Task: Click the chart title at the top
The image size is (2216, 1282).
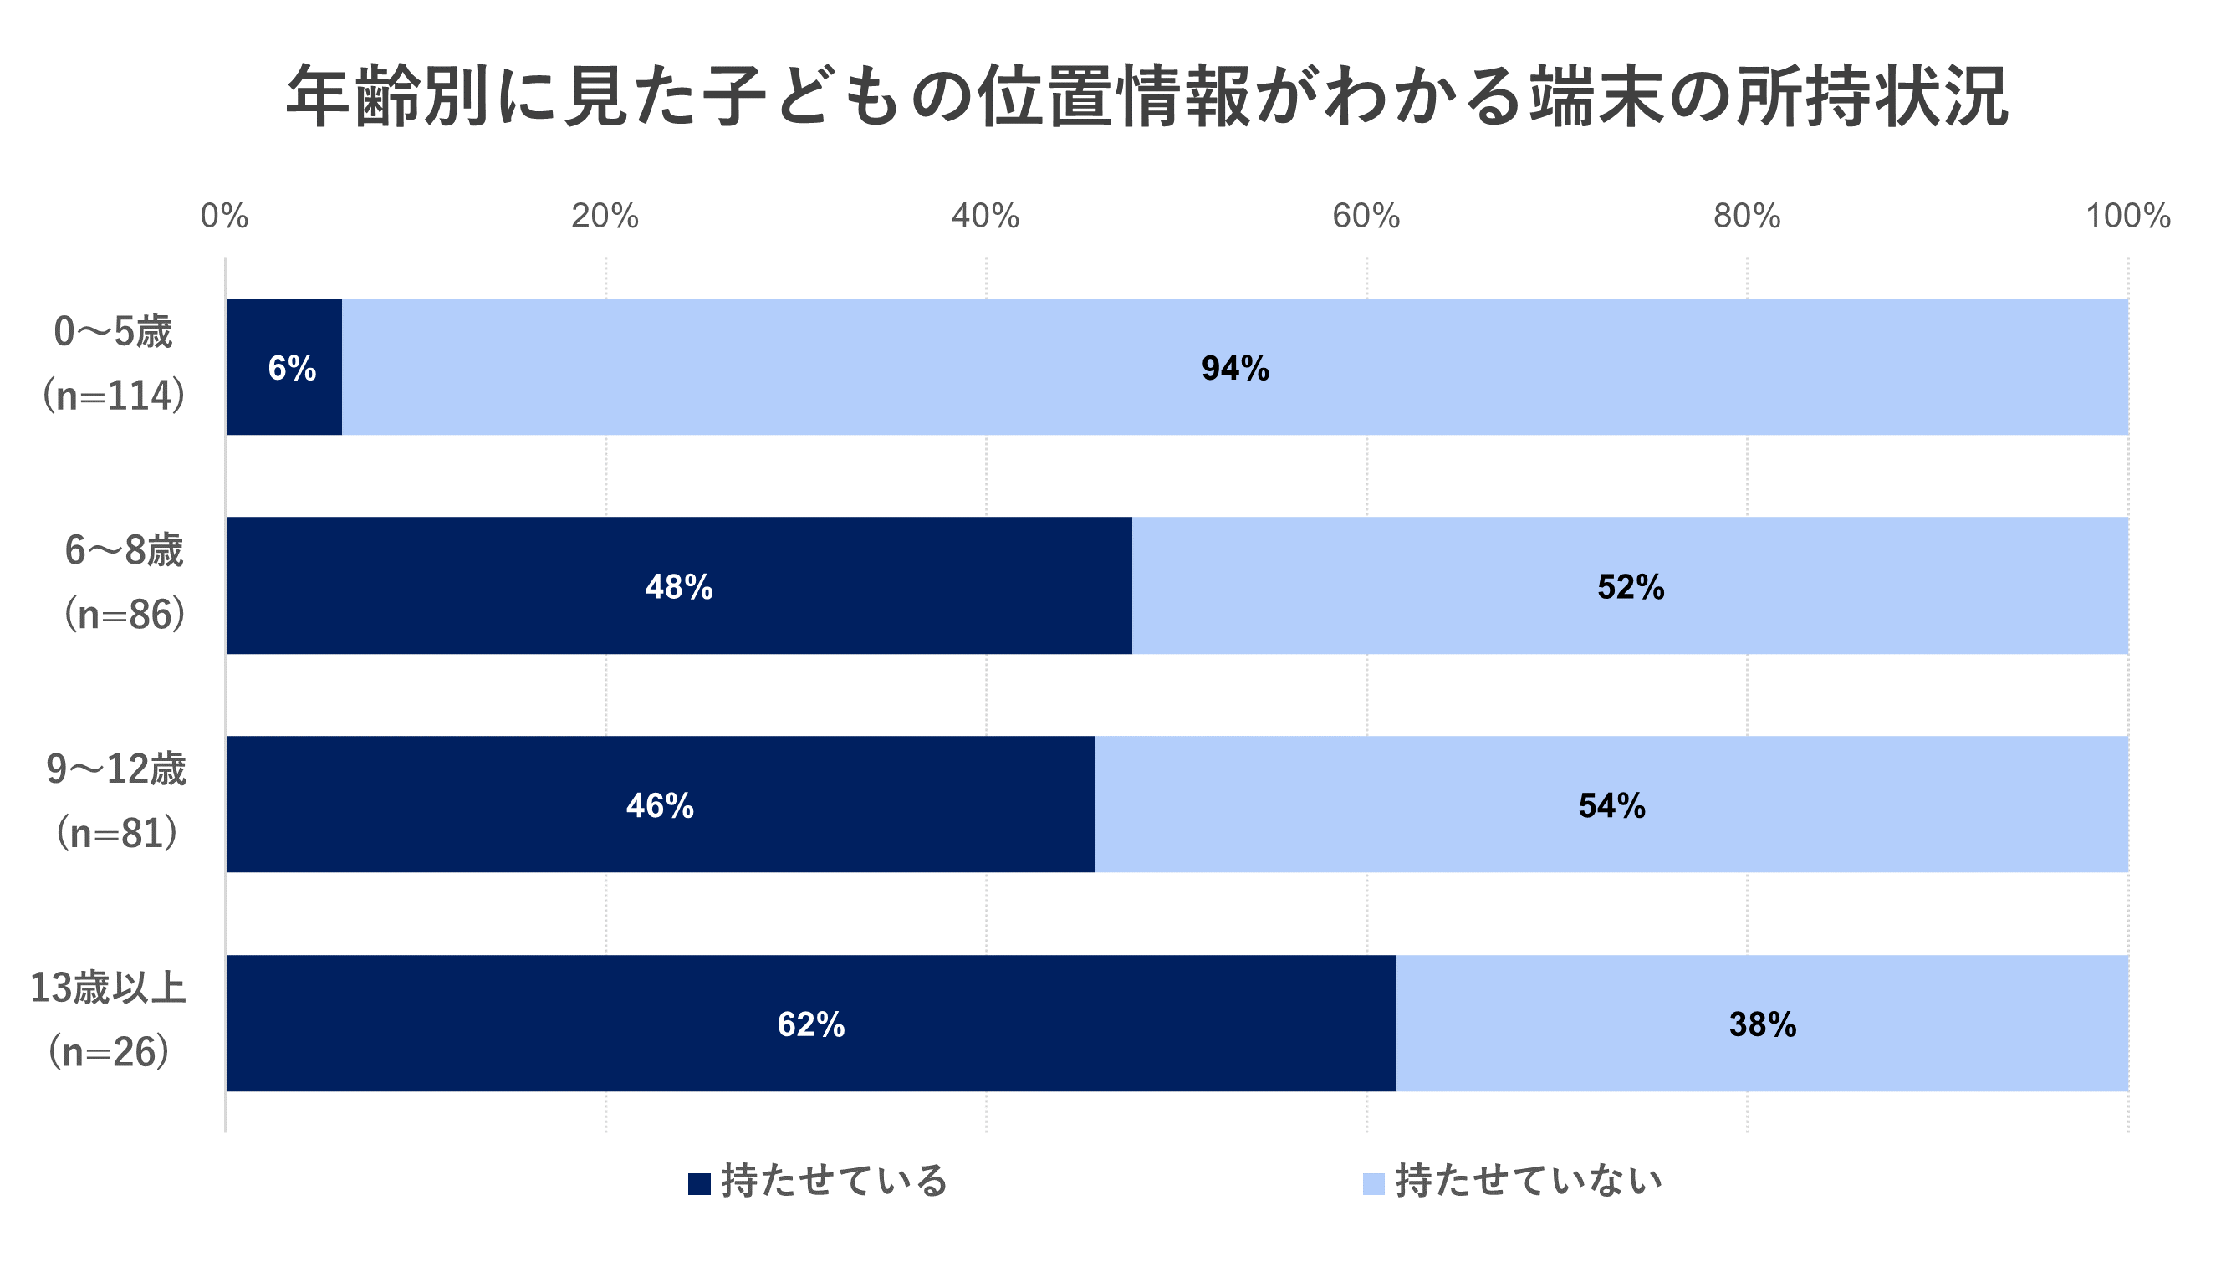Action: [x=1146, y=96]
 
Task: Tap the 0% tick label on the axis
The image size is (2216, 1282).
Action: [x=224, y=217]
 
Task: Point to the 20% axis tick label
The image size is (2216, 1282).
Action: [x=605, y=217]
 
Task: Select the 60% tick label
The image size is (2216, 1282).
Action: [x=1366, y=217]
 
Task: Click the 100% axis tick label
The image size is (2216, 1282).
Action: [x=2128, y=217]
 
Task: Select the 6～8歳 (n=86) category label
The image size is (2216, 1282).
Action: [x=124, y=583]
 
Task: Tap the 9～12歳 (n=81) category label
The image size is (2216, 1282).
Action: [x=117, y=802]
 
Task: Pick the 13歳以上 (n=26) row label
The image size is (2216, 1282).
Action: [x=108, y=1021]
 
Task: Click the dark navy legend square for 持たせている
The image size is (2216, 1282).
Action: [x=699, y=1184]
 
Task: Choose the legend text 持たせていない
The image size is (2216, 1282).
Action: [x=1529, y=1182]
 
